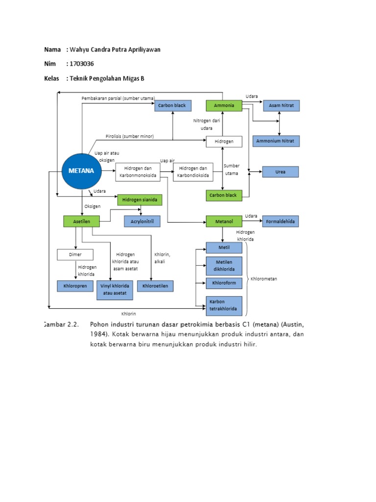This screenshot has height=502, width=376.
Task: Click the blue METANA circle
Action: tap(81, 171)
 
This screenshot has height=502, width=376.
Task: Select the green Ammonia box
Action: tap(223, 105)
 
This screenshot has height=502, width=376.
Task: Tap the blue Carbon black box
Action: tap(173, 105)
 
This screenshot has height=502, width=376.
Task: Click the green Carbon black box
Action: tap(223, 195)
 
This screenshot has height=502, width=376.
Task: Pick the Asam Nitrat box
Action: tap(281, 105)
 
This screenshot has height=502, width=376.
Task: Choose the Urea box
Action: tap(281, 172)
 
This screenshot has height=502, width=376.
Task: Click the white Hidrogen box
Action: tap(223, 141)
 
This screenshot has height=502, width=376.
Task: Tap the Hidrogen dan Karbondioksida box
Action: tap(193, 172)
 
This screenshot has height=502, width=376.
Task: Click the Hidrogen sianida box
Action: tap(140, 200)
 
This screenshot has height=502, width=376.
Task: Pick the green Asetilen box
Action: tap(81, 222)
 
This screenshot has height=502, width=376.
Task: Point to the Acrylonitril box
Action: tap(142, 222)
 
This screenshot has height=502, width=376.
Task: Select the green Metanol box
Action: tap(223, 222)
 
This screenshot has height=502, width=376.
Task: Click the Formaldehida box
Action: tap(281, 222)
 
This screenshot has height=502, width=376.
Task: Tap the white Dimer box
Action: tap(75, 255)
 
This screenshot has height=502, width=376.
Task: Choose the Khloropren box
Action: tap(75, 286)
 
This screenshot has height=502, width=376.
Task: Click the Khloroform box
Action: tap(224, 283)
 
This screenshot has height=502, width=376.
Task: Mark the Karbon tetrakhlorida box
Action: tap(224, 305)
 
